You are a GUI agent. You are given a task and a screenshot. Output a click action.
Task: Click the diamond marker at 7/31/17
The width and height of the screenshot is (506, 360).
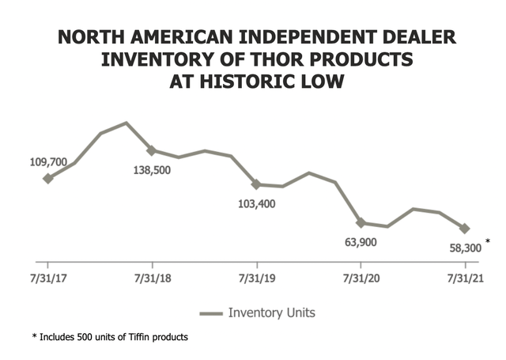click(x=48, y=179)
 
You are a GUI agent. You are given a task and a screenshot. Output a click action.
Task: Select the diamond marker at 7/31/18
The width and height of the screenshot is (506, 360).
click(x=152, y=150)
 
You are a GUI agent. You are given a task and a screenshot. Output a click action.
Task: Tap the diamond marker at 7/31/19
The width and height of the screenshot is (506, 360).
click(x=256, y=184)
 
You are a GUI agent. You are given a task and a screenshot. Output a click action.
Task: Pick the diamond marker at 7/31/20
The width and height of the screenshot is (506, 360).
click(x=361, y=223)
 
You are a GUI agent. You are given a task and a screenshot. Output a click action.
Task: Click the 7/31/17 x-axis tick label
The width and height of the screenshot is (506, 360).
click(x=48, y=279)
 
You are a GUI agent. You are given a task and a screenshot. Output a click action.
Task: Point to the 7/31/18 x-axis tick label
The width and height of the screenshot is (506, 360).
click(x=152, y=279)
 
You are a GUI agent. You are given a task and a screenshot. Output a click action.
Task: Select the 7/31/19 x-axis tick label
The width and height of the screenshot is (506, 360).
click(x=256, y=279)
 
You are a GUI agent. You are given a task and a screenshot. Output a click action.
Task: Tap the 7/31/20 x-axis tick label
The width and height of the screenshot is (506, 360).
click(x=361, y=279)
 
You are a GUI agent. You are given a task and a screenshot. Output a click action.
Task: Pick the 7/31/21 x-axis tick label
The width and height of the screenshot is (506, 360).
click(x=465, y=279)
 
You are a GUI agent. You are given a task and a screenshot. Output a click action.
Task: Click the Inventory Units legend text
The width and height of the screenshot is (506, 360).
click(x=271, y=313)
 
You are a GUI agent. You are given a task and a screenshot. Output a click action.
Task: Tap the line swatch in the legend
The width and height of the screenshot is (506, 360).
click(x=210, y=313)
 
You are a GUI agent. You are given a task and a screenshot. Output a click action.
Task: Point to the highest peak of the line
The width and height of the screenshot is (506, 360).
click(x=126, y=123)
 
